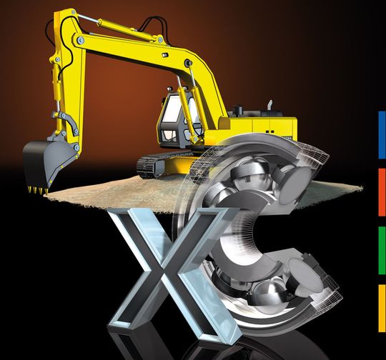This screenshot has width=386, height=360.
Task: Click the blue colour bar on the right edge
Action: point(382,135)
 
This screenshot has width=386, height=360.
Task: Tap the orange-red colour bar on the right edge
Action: point(382,192)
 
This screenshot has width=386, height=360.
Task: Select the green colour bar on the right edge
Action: point(382,250)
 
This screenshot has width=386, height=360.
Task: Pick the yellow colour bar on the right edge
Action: point(382,308)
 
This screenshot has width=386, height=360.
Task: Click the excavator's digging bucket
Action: point(46,162)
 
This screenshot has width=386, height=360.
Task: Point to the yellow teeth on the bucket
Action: point(38,190)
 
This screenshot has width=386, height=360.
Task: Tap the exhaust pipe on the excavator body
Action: point(270,106)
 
